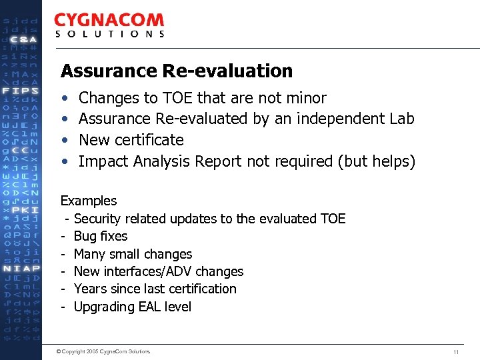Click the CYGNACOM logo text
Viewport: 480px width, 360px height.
109,21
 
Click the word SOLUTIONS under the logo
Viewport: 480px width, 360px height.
109,34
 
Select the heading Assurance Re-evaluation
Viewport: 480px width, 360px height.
177,71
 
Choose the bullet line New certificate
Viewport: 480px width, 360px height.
131,140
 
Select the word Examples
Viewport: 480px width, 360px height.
89,201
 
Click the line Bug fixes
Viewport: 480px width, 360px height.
100,236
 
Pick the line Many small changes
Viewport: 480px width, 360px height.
133,254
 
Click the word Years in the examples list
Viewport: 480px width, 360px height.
90,289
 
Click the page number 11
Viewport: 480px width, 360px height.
456,351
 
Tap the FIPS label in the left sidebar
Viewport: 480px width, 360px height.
20,90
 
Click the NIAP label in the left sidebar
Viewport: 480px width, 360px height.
20,268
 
